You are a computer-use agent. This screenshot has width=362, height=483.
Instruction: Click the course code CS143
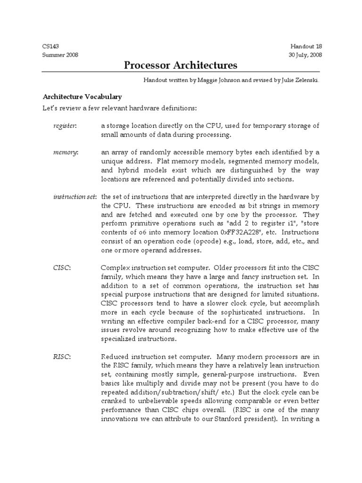point(50,46)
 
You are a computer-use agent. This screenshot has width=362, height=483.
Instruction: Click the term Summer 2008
point(60,55)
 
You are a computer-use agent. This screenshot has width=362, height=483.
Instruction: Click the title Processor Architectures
point(181,65)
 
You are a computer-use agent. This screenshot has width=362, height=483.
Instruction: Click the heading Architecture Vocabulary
point(82,97)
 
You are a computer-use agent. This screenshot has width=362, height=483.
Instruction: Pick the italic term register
point(64,125)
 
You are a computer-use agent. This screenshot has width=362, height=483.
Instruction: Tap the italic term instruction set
point(74,196)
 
